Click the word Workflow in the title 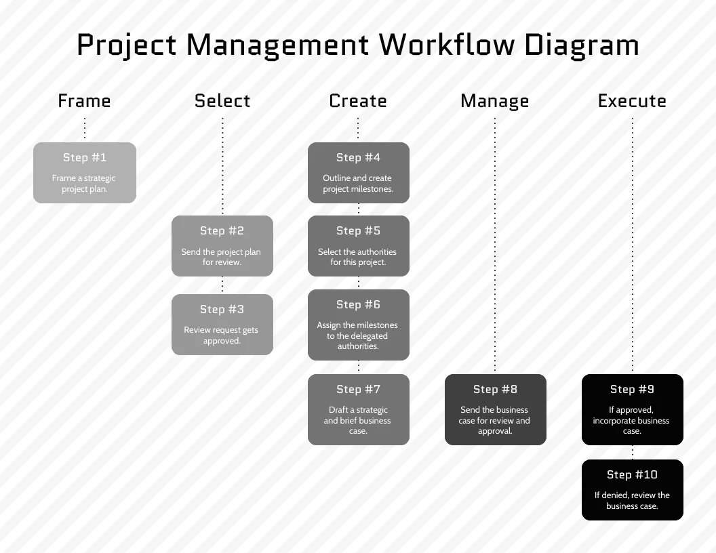(447, 45)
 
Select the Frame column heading (85, 101)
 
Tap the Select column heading (222, 101)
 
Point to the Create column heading (358, 101)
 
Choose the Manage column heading (494, 101)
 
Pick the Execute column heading (633, 101)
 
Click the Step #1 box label (85, 157)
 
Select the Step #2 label (222, 231)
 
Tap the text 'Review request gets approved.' (222, 335)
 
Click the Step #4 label (359, 157)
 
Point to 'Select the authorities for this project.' (357, 257)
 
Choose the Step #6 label (359, 304)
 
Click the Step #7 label (359, 389)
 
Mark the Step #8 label (496, 389)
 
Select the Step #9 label (633, 389)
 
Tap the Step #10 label (633, 474)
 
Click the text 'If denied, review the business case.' (632, 501)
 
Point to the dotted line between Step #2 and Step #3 (222, 285)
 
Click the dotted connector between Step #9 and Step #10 (633, 452)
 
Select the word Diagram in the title (582, 46)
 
